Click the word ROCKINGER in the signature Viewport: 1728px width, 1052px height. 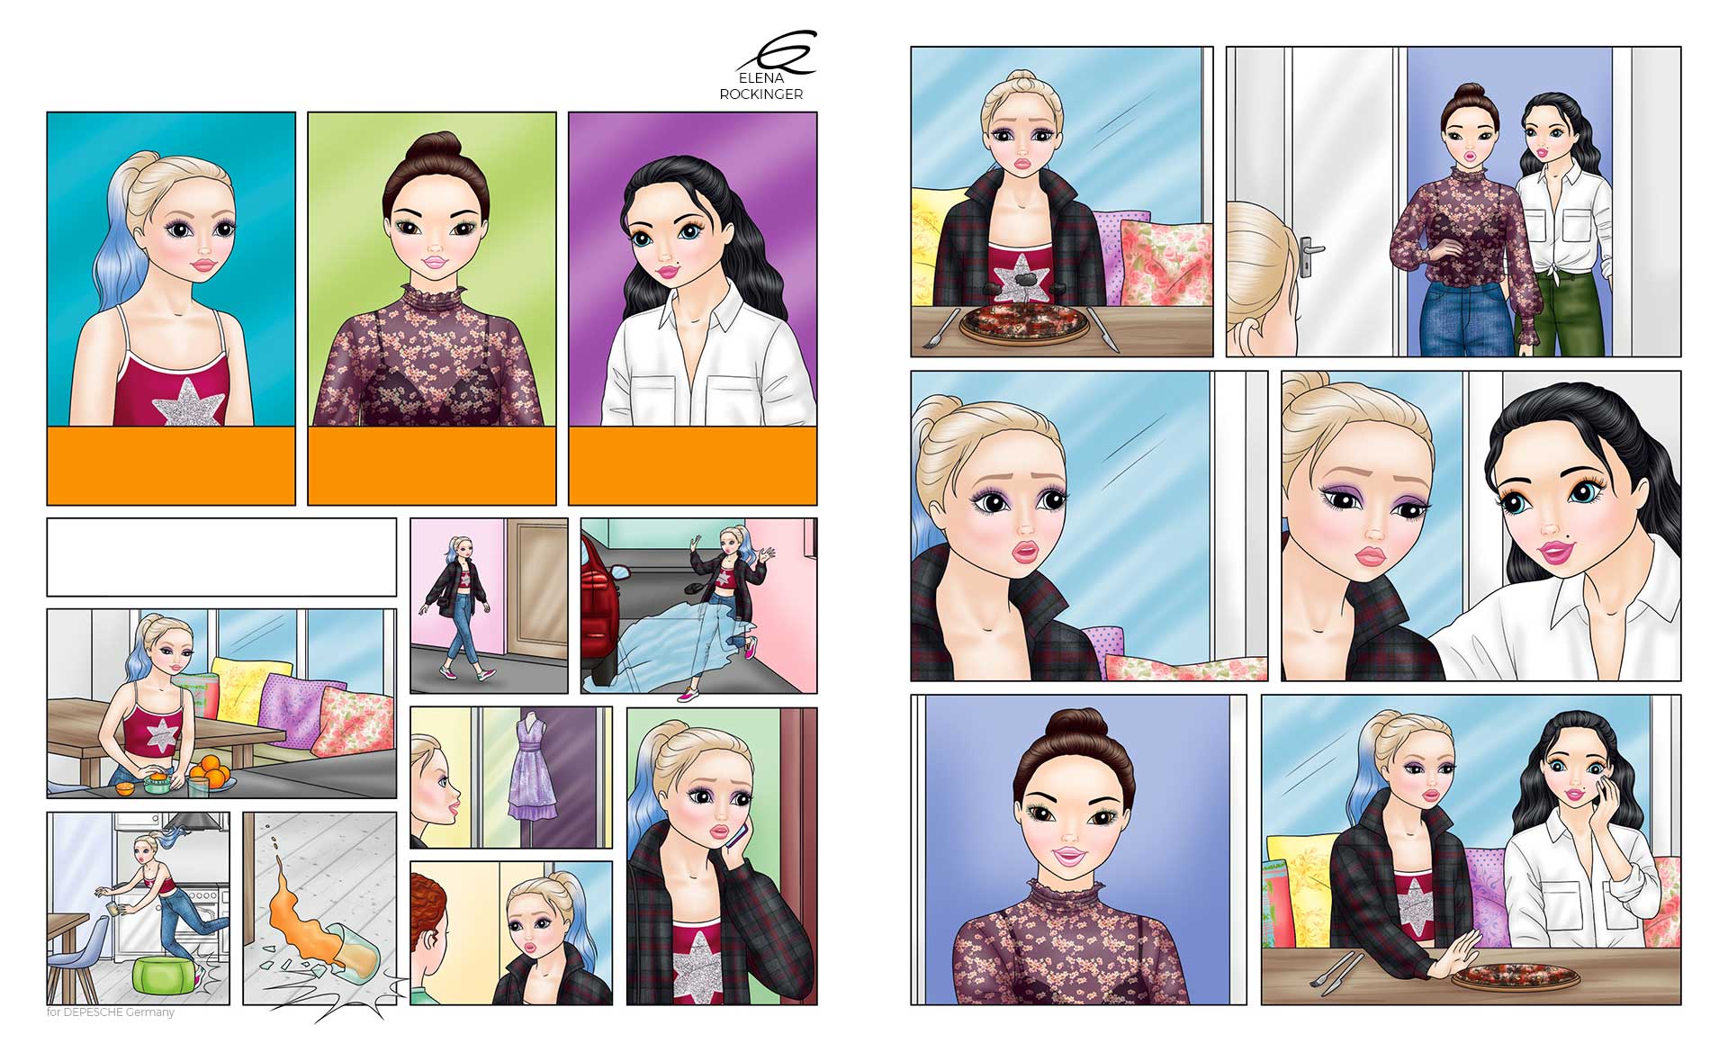pyautogui.click(x=760, y=94)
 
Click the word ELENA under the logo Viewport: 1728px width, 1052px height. pyautogui.click(x=760, y=78)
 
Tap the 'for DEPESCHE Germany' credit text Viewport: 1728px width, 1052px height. pyautogui.click(x=111, y=1012)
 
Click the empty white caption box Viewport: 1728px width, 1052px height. pyautogui.click(x=221, y=557)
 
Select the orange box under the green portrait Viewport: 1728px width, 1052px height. pyautogui.click(x=432, y=465)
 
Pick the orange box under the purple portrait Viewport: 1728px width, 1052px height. pyautogui.click(x=692, y=465)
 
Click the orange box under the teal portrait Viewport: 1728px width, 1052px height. pyautogui.click(x=171, y=465)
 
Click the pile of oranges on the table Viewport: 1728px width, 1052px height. pyautogui.click(x=212, y=770)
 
